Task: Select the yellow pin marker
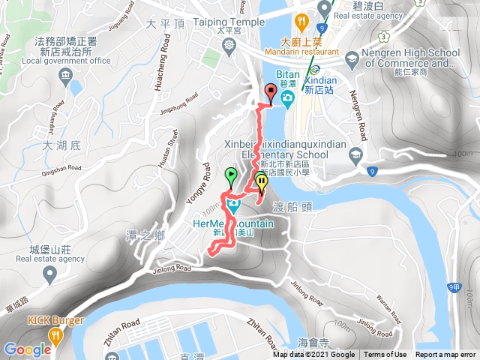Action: (x=261, y=181)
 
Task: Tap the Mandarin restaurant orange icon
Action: (x=300, y=20)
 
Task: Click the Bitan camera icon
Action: (x=286, y=98)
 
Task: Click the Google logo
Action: (x=28, y=349)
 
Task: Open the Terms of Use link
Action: (x=385, y=355)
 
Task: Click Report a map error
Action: (x=445, y=355)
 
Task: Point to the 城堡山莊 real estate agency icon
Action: (x=50, y=274)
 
